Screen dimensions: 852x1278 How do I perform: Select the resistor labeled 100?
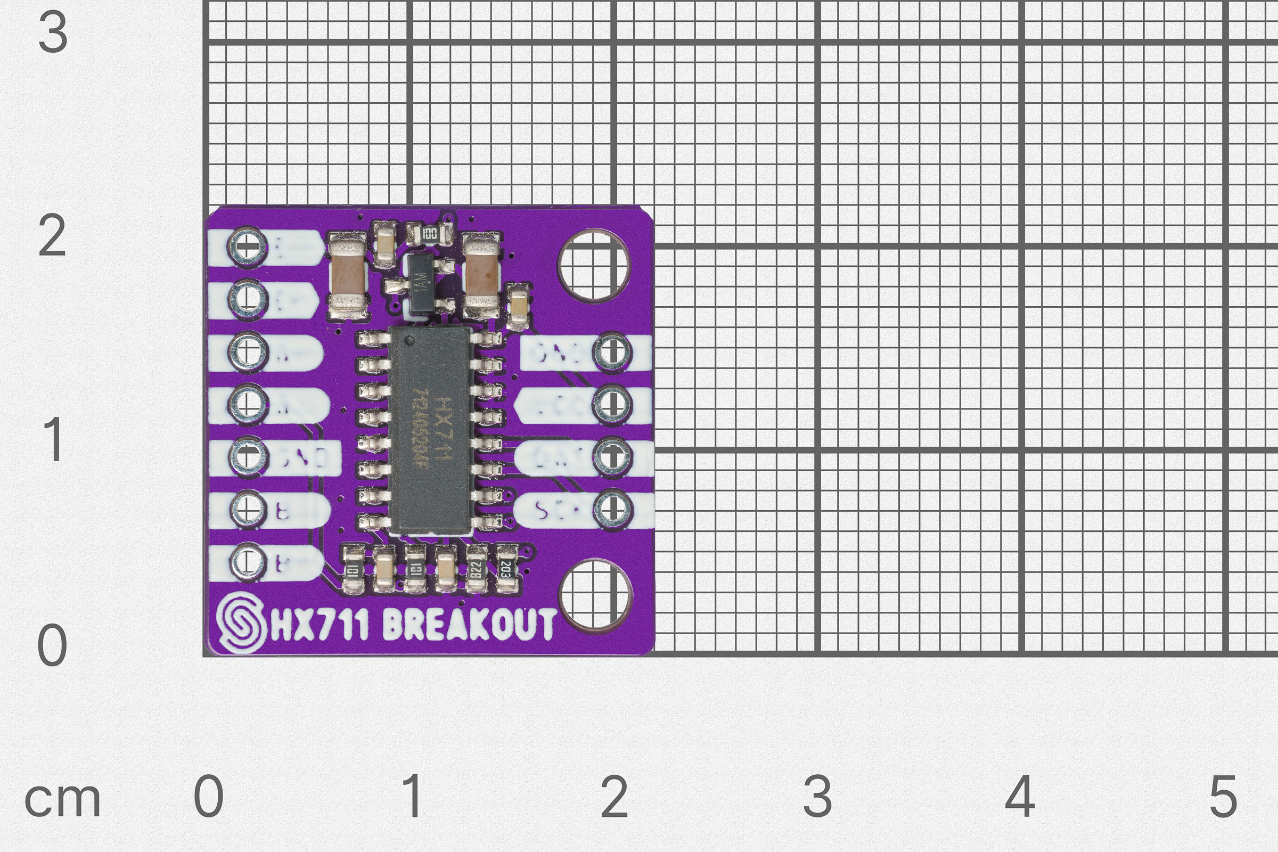click(x=429, y=235)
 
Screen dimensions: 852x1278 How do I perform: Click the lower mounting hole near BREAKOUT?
click(x=595, y=594)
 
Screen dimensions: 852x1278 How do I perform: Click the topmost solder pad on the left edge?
click(x=248, y=247)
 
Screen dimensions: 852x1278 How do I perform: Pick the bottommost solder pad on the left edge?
click(x=248, y=562)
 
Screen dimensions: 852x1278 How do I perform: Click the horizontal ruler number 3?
click(x=817, y=797)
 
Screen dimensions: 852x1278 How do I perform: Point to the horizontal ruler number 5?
click(x=1224, y=797)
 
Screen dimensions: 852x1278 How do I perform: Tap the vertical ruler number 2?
click(x=52, y=236)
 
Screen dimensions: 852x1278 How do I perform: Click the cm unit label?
click(x=62, y=800)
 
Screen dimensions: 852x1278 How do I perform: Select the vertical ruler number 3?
click(x=53, y=32)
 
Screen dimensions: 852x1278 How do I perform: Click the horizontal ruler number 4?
click(x=1020, y=797)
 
